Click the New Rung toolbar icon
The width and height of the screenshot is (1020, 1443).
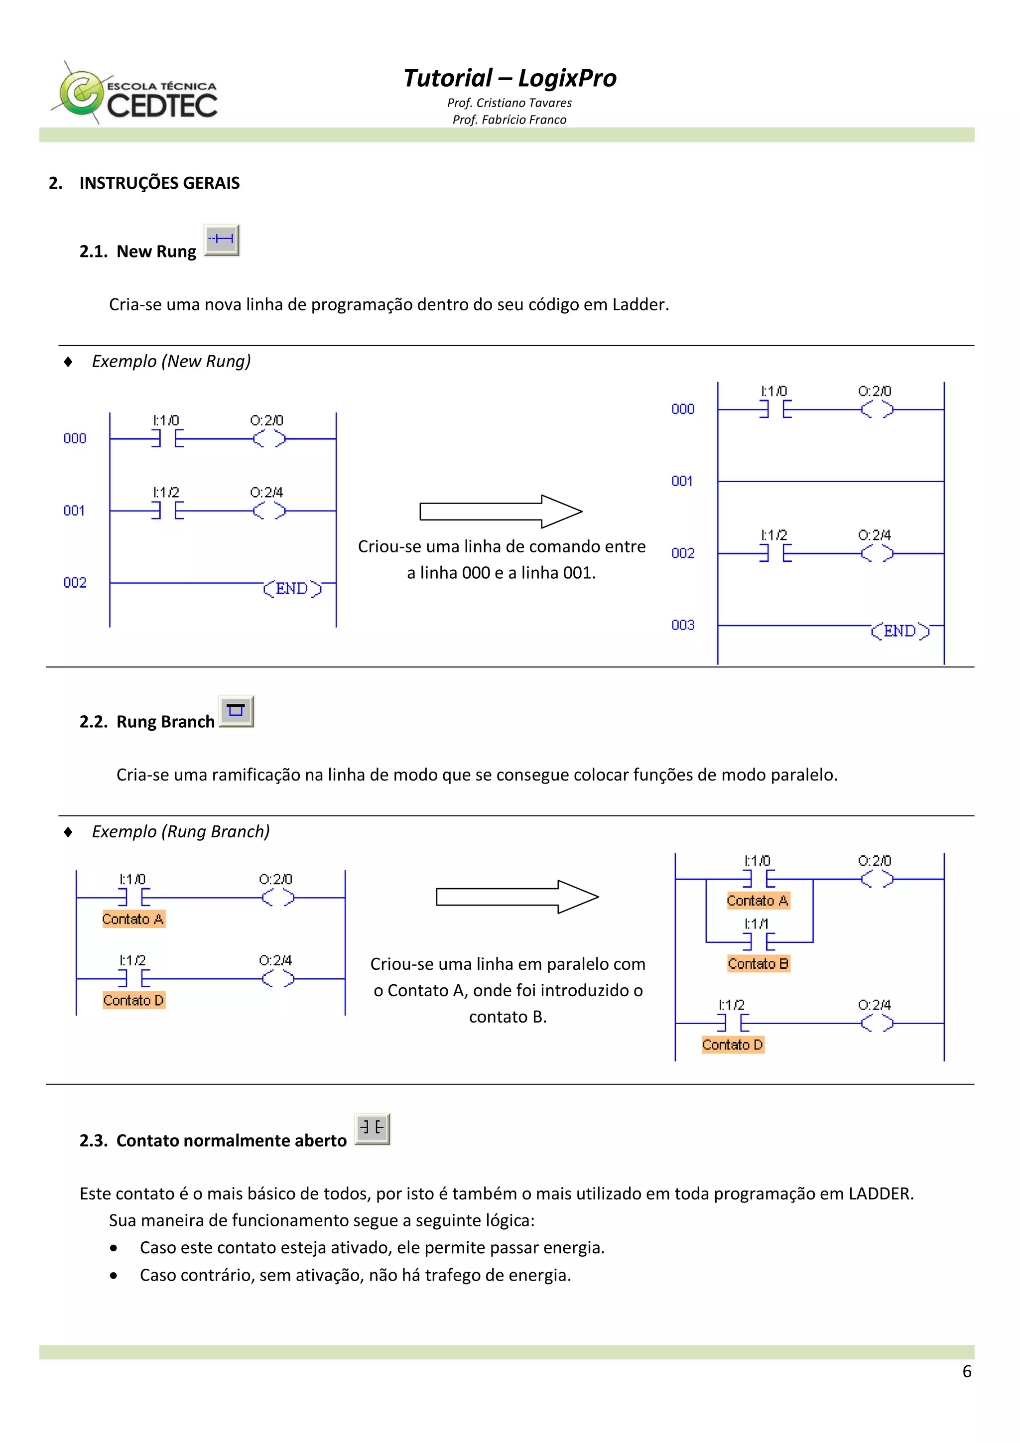tap(221, 240)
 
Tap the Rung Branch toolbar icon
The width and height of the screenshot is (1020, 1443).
tap(236, 711)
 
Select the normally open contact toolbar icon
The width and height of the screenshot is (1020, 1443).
tap(372, 1129)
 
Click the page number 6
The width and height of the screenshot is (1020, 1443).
tap(967, 1372)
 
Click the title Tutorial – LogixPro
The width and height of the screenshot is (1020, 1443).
tap(509, 78)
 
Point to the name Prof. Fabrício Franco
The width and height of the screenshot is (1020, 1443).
tap(509, 120)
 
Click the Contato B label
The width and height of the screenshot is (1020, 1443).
tap(758, 963)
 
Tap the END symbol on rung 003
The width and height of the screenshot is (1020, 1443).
tap(900, 631)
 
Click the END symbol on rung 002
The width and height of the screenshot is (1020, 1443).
tap(292, 588)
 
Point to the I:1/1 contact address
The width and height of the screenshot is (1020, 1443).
tap(756, 923)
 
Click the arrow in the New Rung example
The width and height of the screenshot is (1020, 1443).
tap(501, 511)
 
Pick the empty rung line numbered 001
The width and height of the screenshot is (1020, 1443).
tap(830, 482)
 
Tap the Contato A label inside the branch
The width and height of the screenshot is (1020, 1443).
tap(758, 901)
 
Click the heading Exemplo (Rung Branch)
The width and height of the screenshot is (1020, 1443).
tap(180, 831)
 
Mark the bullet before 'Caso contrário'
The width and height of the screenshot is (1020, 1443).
tap(113, 1276)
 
